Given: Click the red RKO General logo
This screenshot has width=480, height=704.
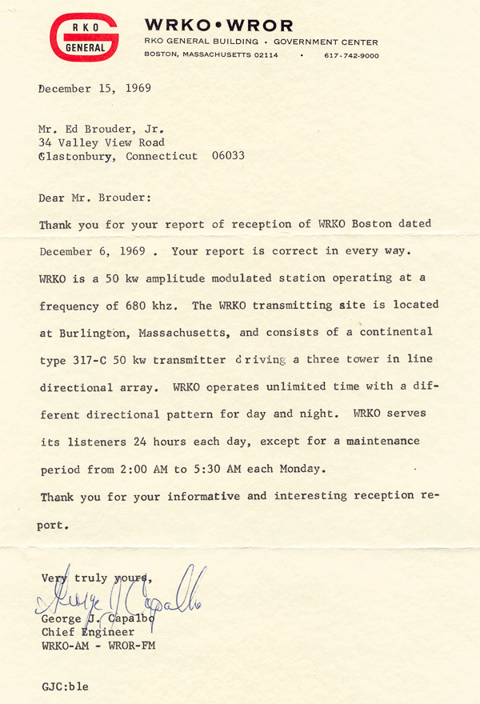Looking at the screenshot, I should (86, 38).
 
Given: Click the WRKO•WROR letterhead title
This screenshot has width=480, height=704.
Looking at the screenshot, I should (218, 26).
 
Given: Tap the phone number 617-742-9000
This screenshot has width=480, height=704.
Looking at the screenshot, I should (351, 55).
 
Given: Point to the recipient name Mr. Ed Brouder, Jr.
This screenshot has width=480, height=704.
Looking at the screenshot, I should (106, 128).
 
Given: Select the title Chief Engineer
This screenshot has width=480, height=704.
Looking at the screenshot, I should (86, 632).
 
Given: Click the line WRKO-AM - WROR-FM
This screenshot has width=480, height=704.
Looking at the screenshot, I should (97, 646).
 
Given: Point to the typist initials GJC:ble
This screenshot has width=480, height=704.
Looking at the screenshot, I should (65, 686).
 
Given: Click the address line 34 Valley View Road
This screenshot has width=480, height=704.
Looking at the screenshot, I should (102, 142).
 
